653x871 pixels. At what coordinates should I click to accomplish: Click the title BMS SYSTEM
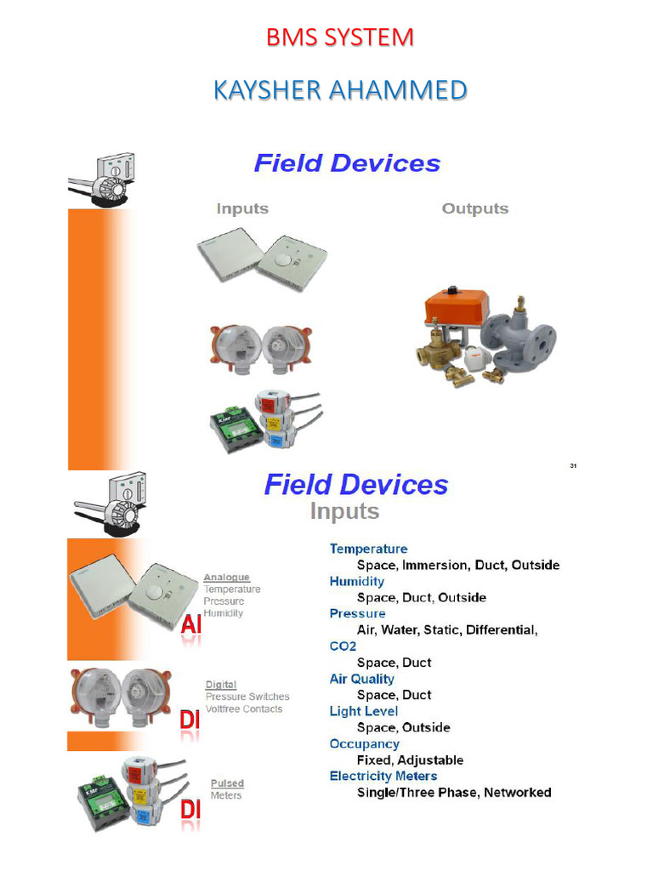pyautogui.click(x=339, y=38)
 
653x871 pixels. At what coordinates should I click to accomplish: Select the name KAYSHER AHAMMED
pyautogui.click(x=339, y=89)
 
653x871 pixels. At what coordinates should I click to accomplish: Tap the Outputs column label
pyautogui.click(x=474, y=209)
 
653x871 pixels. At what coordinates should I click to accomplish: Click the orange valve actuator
pyautogui.click(x=457, y=307)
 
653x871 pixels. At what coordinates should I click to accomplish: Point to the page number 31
pyautogui.click(x=573, y=465)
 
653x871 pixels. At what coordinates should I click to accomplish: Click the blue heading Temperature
pyautogui.click(x=368, y=549)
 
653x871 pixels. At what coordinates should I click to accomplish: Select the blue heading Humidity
pyautogui.click(x=356, y=582)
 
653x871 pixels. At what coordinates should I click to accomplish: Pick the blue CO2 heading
pyautogui.click(x=342, y=646)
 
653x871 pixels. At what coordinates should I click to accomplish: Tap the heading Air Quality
pyautogui.click(x=361, y=679)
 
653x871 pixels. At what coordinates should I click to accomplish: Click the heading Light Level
pyautogui.click(x=363, y=711)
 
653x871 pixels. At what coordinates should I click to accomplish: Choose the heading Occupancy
pyautogui.click(x=364, y=743)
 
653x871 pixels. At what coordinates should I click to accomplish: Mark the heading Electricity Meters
pyautogui.click(x=383, y=776)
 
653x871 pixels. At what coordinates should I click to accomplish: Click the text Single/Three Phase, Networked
pyautogui.click(x=454, y=793)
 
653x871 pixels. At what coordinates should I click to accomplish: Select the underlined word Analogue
pyautogui.click(x=226, y=578)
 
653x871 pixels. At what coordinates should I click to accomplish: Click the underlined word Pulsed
pyautogui.click(x=227, y=783)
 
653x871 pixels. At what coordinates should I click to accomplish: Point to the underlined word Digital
pyautogui.click(x=221, y=685)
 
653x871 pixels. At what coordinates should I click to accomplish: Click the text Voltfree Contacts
pyautogui.click(x=244, y=709)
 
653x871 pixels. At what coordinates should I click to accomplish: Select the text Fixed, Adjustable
pyautogui.click(x=410, y=760)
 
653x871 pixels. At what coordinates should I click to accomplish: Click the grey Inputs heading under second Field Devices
pyautogui.click(x=344, y=511)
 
